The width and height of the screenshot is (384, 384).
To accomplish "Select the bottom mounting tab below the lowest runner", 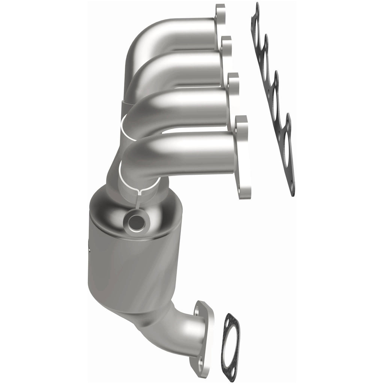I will click(x=245, y=191).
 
